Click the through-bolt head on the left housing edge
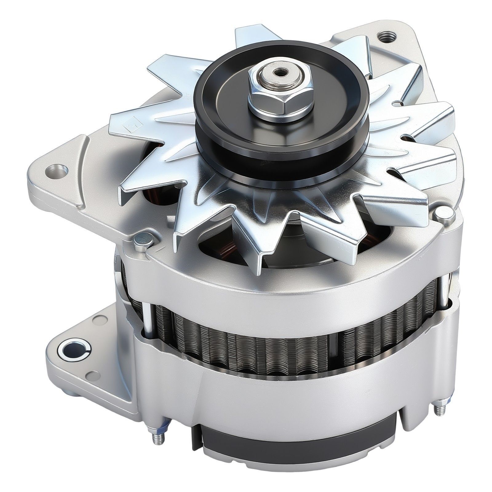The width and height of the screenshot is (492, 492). (142, 240)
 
